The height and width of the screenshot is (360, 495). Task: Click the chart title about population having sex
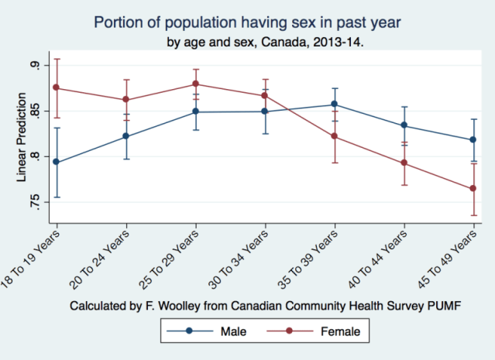pos(248,21)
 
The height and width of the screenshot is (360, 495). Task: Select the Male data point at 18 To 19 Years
pos(57,163)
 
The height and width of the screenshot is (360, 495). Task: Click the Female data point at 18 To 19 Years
pos(57,87)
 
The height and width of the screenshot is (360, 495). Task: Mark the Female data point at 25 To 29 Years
pos(196,84)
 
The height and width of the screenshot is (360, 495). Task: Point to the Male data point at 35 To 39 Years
pos(335,104)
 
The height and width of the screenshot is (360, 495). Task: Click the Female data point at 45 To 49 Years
pos(473,188)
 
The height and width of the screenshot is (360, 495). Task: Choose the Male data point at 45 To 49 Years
pos(473,139)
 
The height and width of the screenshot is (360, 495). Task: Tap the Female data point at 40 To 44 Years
pos(404,163)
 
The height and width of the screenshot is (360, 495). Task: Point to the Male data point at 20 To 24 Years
pos(126,136)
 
